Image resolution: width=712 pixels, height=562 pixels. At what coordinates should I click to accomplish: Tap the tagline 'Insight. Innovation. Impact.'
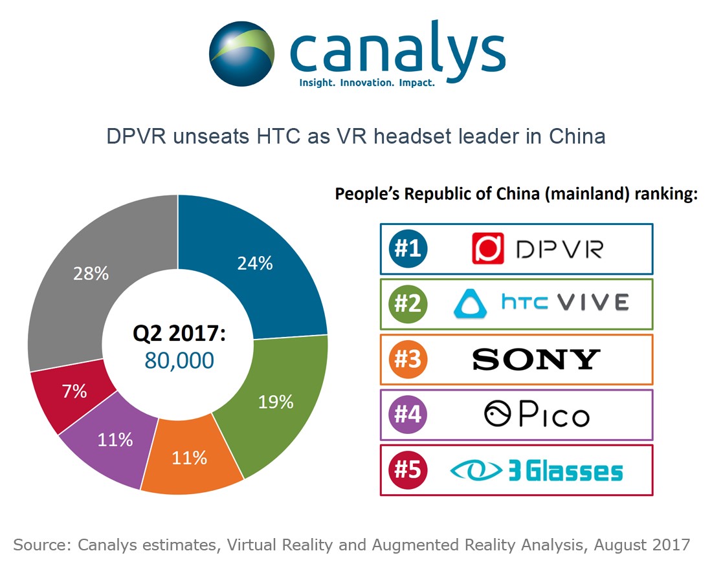(x=366, y=83)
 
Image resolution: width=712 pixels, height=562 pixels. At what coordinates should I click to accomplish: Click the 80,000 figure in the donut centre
(x=179, y=360)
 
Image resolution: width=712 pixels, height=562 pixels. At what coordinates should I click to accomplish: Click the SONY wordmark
(x=536, y=359)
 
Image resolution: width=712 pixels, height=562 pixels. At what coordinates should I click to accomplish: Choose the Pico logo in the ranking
(x=537, y=415)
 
